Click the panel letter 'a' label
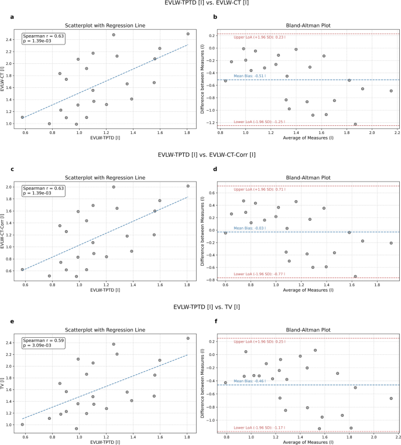(x=11, y=17)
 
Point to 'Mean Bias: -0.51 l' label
(x=251, y=76)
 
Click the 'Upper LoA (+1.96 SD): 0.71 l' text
(x=259, y=190)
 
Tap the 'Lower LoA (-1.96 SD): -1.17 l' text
(x=259, y=430)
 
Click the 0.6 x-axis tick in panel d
(x=226, y=286)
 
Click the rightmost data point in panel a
(x=188, y=34)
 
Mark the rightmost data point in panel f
(x=391, y=398)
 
